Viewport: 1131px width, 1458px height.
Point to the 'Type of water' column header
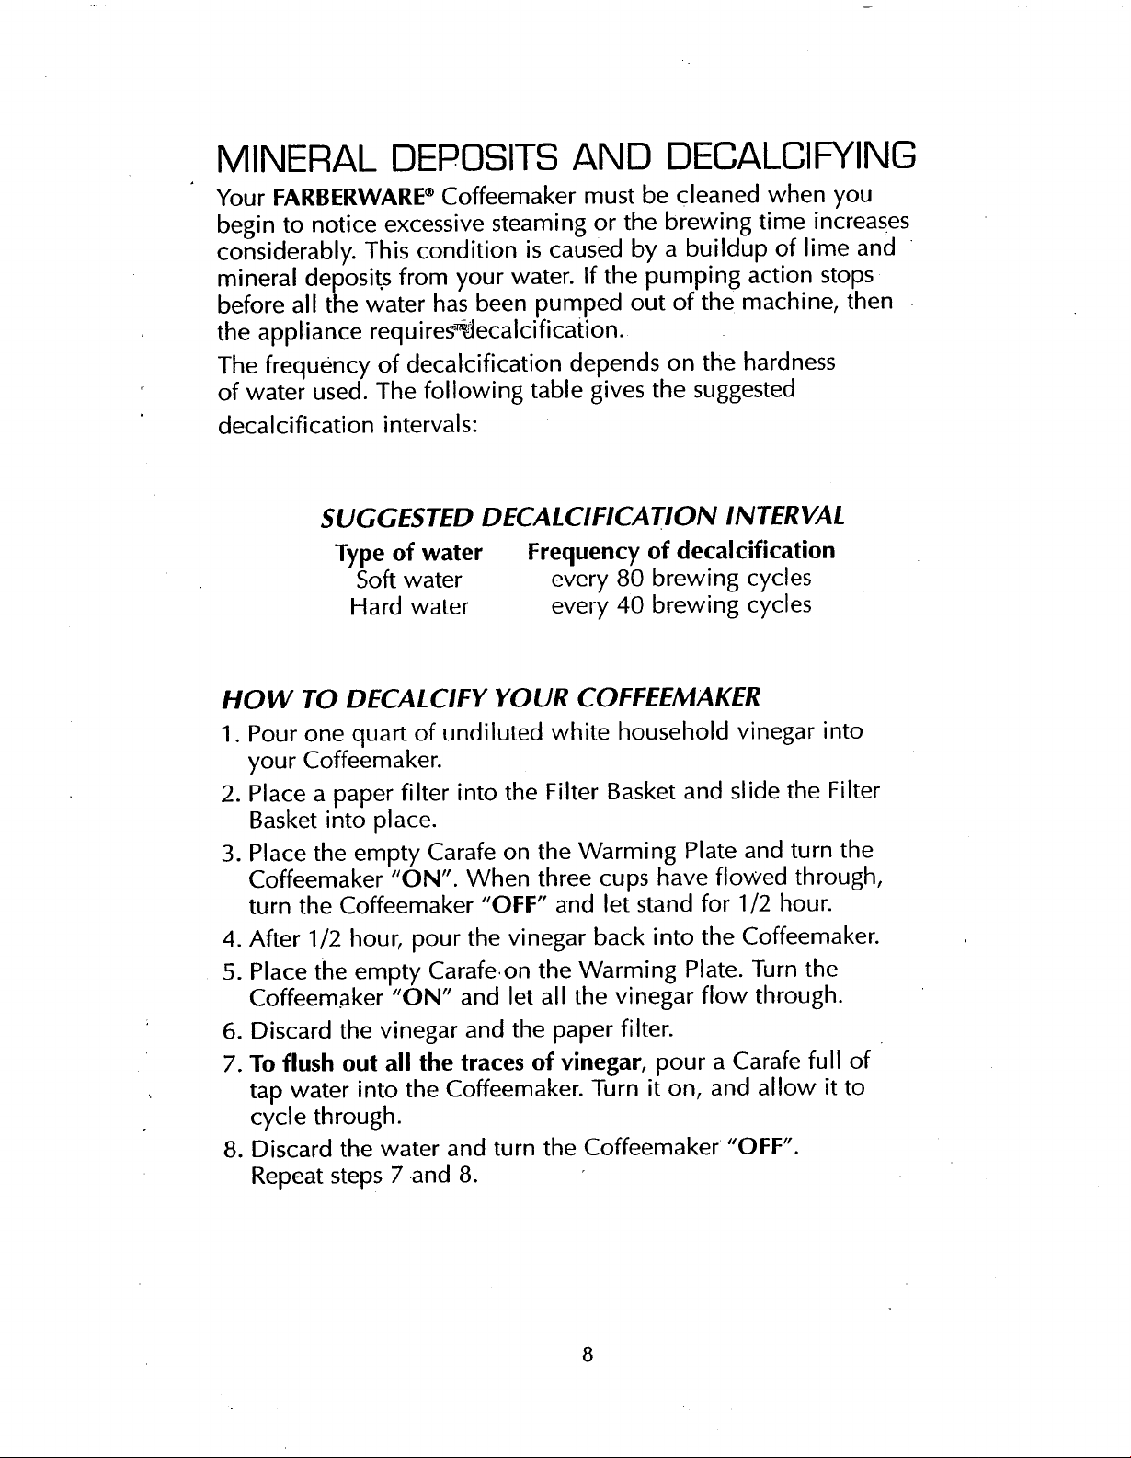coord(408,552)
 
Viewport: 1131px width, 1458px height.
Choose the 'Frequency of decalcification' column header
coord(680,551)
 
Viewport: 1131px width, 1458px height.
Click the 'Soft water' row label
coord(408,580)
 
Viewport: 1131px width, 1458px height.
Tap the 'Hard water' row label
coord(409,606)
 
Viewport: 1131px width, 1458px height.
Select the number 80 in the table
coord(628,579)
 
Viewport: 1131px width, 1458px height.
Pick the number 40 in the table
coord(628,605)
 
